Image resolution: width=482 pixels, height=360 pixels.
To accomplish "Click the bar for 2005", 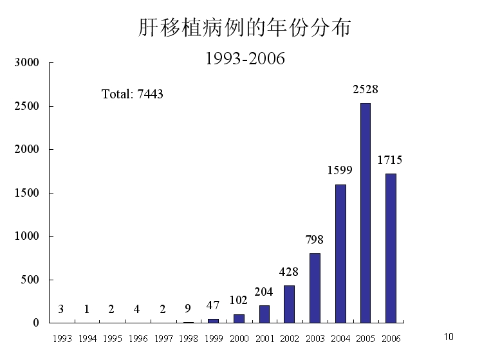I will point(365,212).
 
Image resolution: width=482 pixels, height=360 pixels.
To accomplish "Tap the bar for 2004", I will point(340,253).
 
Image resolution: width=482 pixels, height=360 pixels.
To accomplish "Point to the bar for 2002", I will point(289,304).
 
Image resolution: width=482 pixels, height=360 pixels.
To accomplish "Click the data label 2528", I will point(366,90).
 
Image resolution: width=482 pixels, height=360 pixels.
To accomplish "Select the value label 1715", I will point(389,160).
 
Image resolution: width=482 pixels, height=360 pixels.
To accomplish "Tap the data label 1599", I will point(340,170).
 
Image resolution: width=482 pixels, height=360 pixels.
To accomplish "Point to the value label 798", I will point(315,240).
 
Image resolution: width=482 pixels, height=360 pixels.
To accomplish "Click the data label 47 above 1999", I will point(213,305).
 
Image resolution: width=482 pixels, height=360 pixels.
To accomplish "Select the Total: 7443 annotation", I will point(133,94).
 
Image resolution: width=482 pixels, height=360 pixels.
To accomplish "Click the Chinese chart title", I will point(245,28).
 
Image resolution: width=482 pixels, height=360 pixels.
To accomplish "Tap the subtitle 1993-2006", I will point(245,59).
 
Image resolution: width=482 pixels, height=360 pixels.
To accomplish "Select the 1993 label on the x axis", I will point(62,338).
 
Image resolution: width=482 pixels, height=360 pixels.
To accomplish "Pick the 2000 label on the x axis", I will point(239,338).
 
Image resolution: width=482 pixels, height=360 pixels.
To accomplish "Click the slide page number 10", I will point(449,336).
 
